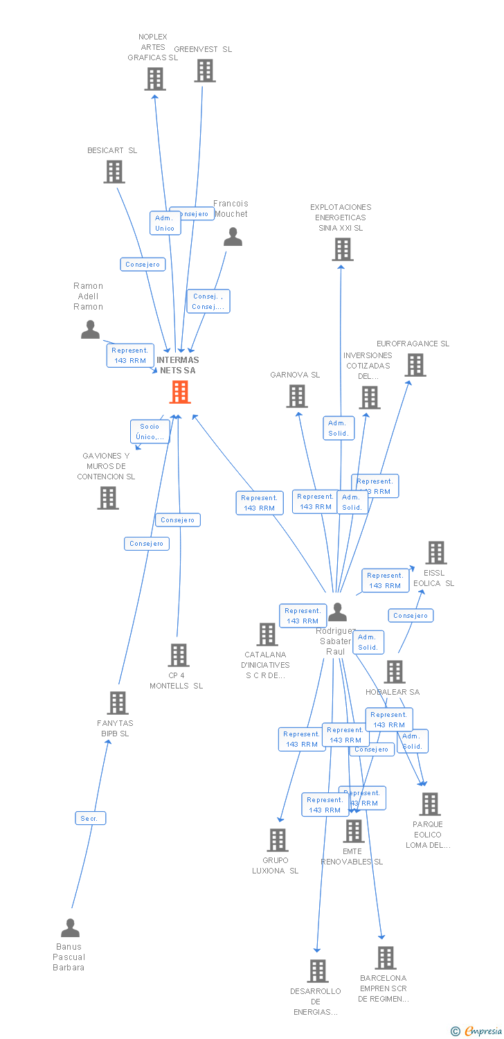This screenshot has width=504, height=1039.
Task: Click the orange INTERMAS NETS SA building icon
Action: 180,393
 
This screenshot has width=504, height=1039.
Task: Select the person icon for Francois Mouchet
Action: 233,237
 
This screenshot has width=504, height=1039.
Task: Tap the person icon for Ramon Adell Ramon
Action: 90,330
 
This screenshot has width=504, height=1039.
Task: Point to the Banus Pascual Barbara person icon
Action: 70,927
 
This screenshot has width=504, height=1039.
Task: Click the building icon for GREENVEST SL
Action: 205,71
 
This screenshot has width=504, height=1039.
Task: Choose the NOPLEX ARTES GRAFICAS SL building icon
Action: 155,79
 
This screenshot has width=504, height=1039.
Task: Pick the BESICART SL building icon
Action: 114,171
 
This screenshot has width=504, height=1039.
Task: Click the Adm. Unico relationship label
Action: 165,223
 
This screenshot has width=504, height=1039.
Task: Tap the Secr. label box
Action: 90,818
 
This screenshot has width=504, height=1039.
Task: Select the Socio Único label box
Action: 150,432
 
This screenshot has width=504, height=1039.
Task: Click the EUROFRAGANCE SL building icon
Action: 415,364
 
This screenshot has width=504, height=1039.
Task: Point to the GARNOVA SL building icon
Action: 297,396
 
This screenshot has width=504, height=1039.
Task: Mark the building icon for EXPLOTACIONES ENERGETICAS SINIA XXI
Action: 342,249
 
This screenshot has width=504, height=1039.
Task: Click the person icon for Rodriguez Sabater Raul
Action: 337,612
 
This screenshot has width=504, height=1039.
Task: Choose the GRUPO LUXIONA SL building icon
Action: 278,840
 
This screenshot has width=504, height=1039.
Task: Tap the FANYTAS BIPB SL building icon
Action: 118,702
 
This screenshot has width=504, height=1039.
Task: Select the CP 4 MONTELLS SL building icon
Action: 179,655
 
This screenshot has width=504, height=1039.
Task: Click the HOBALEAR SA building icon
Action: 395,671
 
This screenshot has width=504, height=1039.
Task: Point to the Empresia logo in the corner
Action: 477,1031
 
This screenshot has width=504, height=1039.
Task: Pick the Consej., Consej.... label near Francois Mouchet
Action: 208,301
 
